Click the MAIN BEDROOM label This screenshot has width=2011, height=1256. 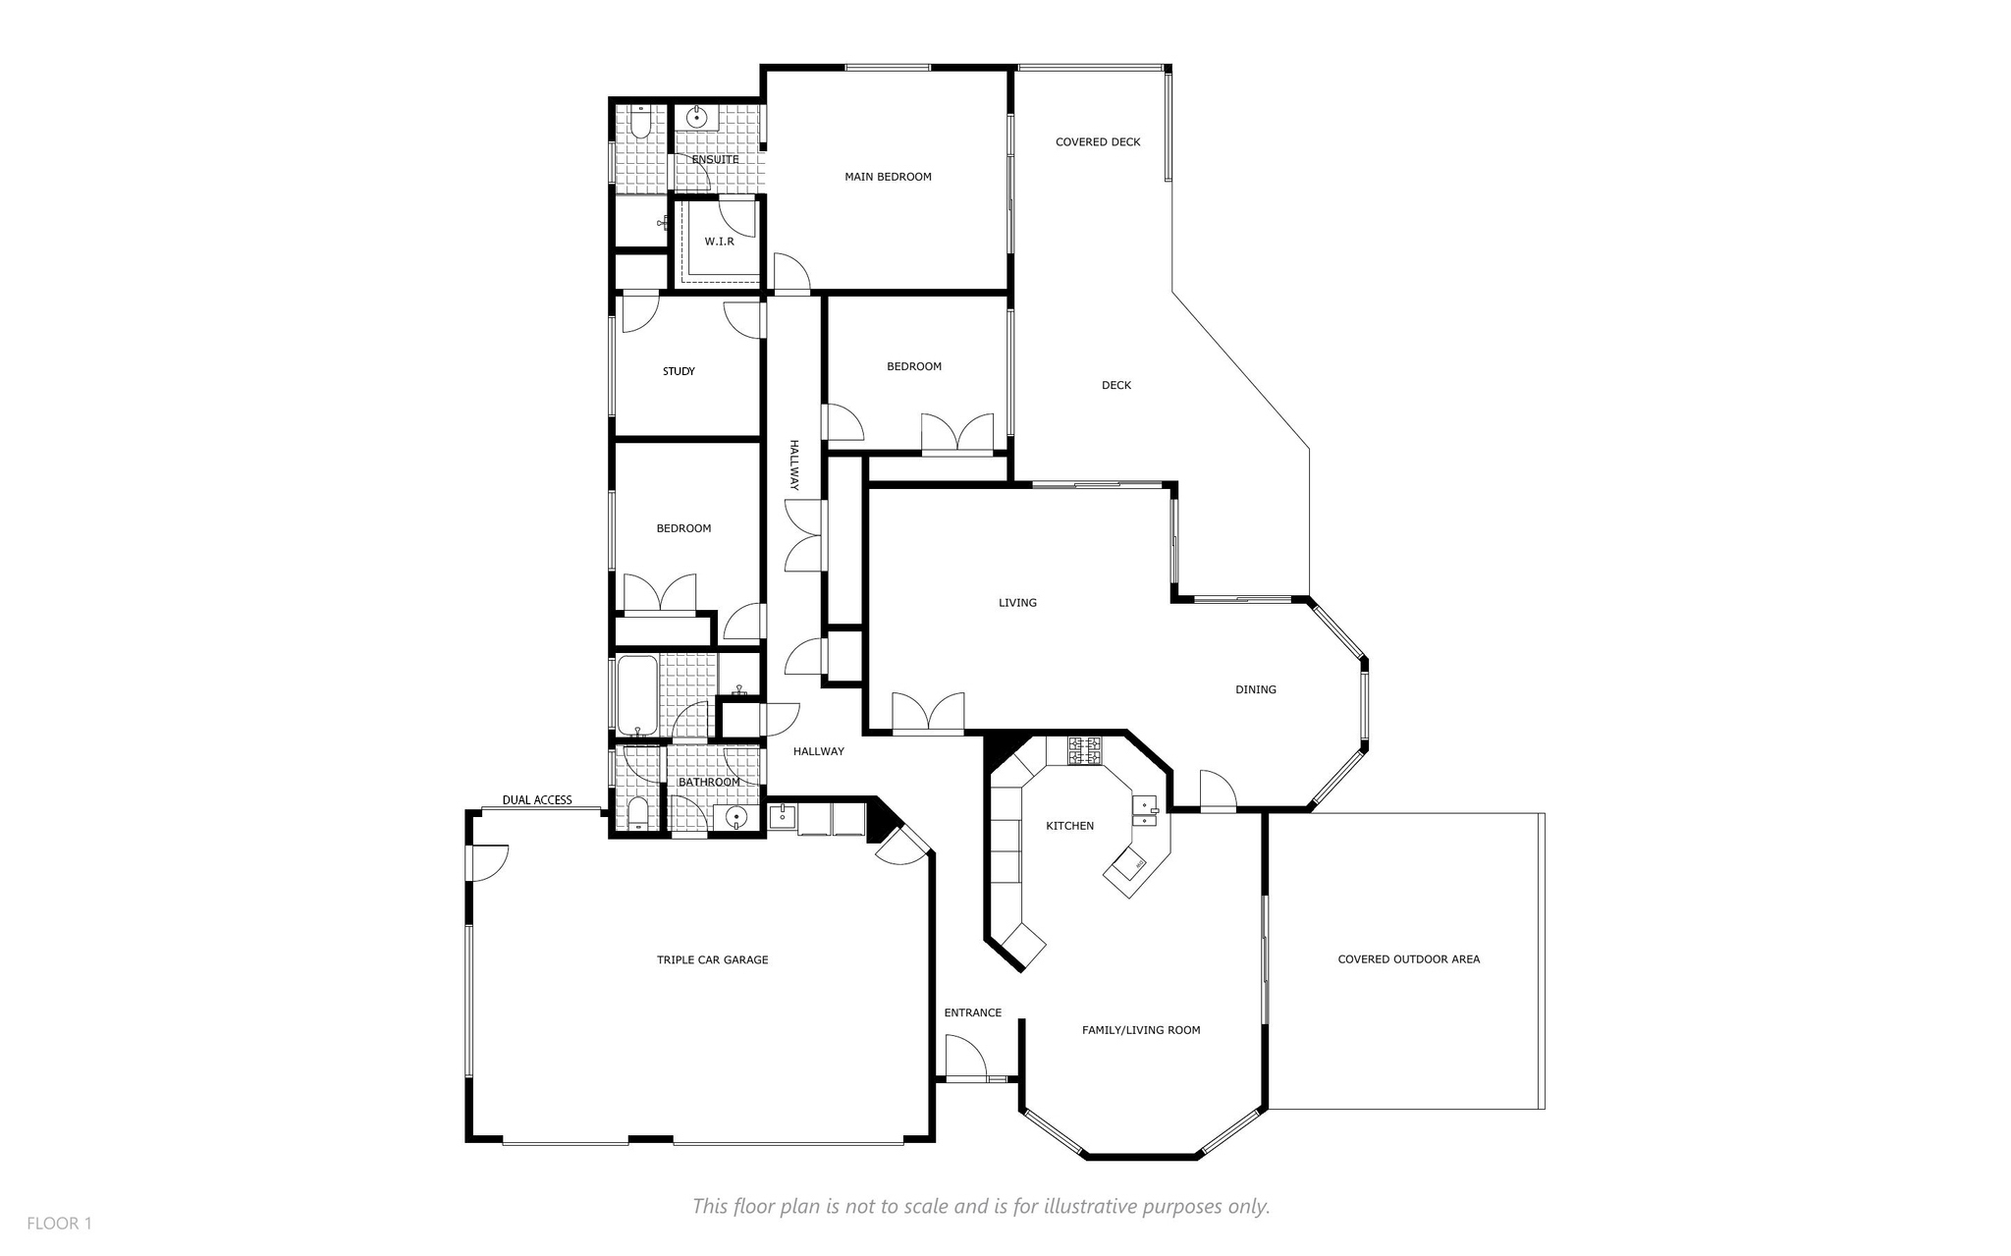(888, 177)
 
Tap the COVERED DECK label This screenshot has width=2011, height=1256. (1098, 142)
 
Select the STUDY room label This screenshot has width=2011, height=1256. (679, 371)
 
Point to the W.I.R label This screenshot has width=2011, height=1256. (719, 242)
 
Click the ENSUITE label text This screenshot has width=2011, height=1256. (715, 159)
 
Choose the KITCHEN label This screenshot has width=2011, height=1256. (1069, 826)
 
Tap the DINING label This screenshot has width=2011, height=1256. (1256, 689)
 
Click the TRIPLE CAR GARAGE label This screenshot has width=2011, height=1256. (713, 959)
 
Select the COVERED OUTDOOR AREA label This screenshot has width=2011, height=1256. (1408, 959)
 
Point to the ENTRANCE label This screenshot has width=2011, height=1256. (973, 1012)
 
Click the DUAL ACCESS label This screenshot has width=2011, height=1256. (537, 800)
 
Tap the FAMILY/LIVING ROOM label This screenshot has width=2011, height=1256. (1141, 1030)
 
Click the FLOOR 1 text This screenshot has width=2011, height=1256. (59, 1224)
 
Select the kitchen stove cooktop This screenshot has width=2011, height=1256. (1087, 751)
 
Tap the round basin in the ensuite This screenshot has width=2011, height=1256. (697, 118)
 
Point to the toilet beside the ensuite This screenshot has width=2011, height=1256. (638, 124)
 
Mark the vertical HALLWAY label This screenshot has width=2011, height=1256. (794, 465)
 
